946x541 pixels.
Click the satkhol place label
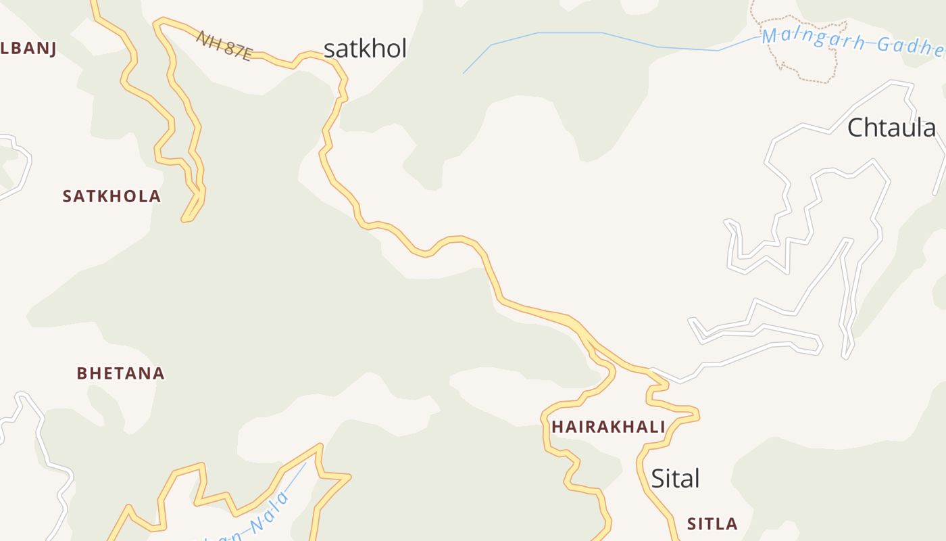tap(365, 49)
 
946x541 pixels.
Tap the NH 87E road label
tap(224, 45)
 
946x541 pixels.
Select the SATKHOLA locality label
tap(111, 196)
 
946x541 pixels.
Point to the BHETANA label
tap(120, 373)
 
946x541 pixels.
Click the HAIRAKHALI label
tap(608, 427)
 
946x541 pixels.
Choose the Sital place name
tap(675, 479)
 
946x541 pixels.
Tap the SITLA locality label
tap(712, 524)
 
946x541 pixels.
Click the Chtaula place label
tap(892, 127)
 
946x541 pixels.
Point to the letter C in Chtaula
tap(856, 127)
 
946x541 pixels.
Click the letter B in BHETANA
tap(82, 373)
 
